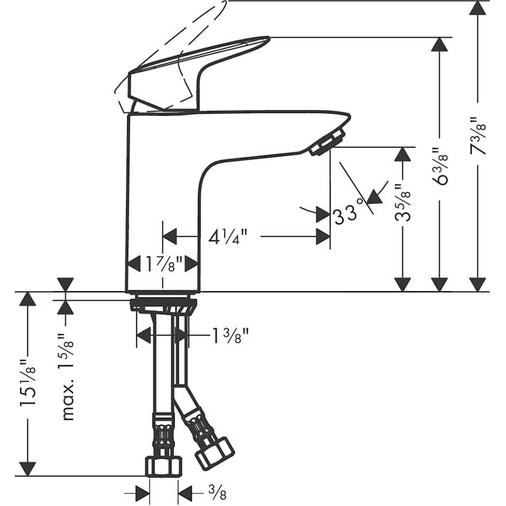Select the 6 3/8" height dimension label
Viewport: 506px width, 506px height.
coord(440,166)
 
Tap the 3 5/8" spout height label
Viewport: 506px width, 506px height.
coord(403,202)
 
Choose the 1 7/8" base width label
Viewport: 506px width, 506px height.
coord(163,263)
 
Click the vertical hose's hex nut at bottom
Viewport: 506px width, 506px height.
coord(164,466)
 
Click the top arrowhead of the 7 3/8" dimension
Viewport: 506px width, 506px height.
coord(477,8)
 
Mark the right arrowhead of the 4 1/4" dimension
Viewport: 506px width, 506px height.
coord(323,237)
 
